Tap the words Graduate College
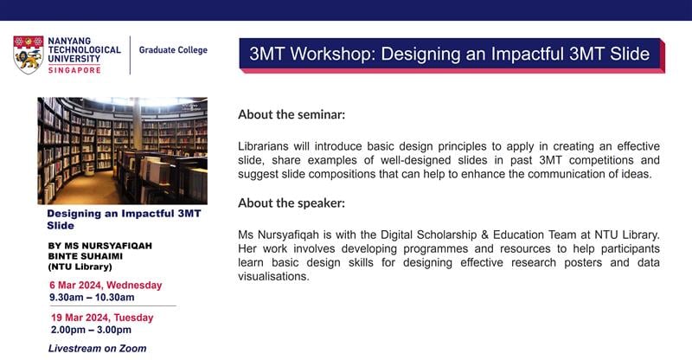[174, 50]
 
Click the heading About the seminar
[292, 114]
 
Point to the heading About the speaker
[291, 203]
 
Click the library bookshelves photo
[122, 150]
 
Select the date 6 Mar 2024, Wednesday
[106, 285]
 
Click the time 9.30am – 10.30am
[92, 298]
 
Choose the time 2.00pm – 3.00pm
[91, 330]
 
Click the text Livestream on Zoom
[97, 348]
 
